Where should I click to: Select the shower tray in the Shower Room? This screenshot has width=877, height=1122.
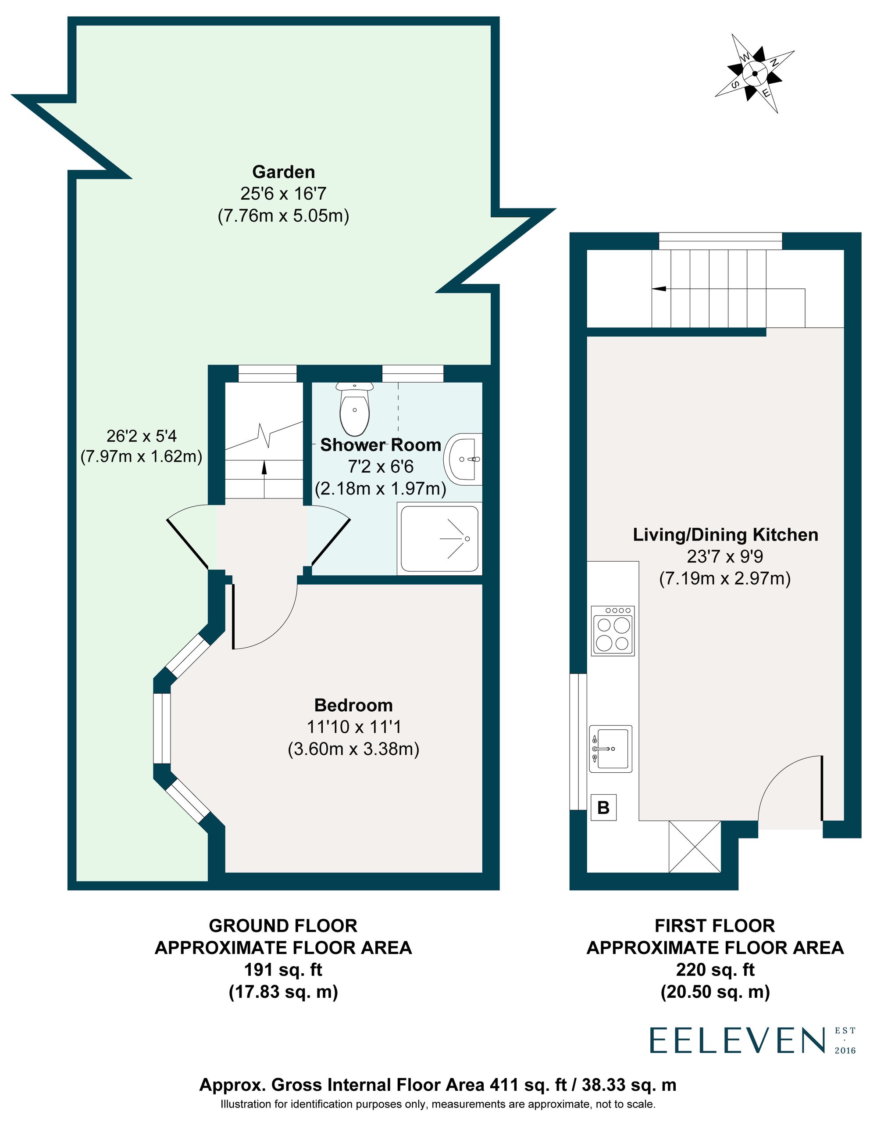click(440, 539)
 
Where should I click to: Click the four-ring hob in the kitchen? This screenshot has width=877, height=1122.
click(613, 631)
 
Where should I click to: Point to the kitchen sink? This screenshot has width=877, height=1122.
click(610, 749)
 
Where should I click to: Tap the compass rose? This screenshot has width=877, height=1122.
click(754, 73)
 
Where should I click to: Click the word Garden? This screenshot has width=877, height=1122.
click(283, 172)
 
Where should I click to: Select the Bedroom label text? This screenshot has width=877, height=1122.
click(353, 705)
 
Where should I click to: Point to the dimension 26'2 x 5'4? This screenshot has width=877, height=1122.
click(141, 436)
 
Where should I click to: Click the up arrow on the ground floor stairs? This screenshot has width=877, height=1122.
click(264, 466)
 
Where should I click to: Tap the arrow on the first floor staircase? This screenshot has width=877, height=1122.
click(660, 289)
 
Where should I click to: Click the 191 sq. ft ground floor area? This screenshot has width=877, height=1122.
click(283, 969)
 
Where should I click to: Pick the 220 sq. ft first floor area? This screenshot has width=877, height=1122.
click(715, 969)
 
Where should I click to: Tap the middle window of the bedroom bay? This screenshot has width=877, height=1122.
click(162, 728)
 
